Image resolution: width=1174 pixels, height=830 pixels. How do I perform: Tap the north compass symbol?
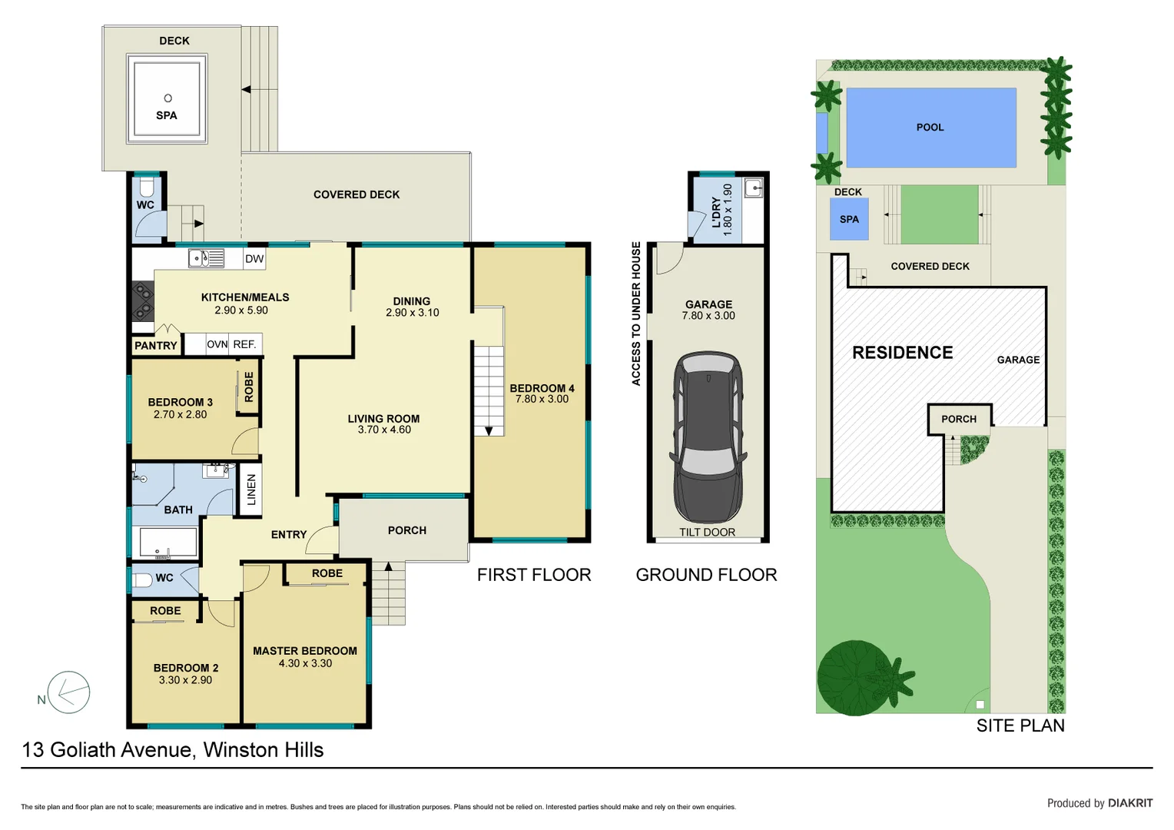tap(68, 692)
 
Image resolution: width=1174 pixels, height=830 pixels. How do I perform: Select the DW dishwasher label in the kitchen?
tap(254, 259)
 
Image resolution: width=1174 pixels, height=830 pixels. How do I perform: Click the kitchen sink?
tap(206, 258)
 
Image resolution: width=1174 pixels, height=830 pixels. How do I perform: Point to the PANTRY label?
tap(156, 346)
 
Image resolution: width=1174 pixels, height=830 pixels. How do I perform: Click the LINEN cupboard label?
tap(251, 490)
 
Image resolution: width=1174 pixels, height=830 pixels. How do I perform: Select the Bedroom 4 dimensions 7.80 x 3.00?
tap(542, 399)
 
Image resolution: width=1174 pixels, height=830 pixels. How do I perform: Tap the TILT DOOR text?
tap(707, 532)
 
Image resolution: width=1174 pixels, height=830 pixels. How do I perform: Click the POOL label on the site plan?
tap(930, 128)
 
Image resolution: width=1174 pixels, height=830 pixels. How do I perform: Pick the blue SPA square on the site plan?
tap(849, 219)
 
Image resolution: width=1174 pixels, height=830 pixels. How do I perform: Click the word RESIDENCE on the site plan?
tap(902, 353)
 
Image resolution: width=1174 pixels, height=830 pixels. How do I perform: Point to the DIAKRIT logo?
tap(1129, 803)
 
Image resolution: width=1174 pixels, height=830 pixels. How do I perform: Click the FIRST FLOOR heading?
tap(534, 575)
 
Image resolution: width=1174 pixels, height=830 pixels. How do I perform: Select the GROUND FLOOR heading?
tap(706, 575)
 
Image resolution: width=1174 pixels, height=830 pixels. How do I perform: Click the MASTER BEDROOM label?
tap(305, 651)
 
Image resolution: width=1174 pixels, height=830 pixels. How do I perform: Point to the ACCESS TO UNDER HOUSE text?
tap(636, 314)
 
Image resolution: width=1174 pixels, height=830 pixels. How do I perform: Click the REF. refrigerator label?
tap(244, 344)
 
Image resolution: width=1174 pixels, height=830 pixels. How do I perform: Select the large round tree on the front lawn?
tap(854, 678)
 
